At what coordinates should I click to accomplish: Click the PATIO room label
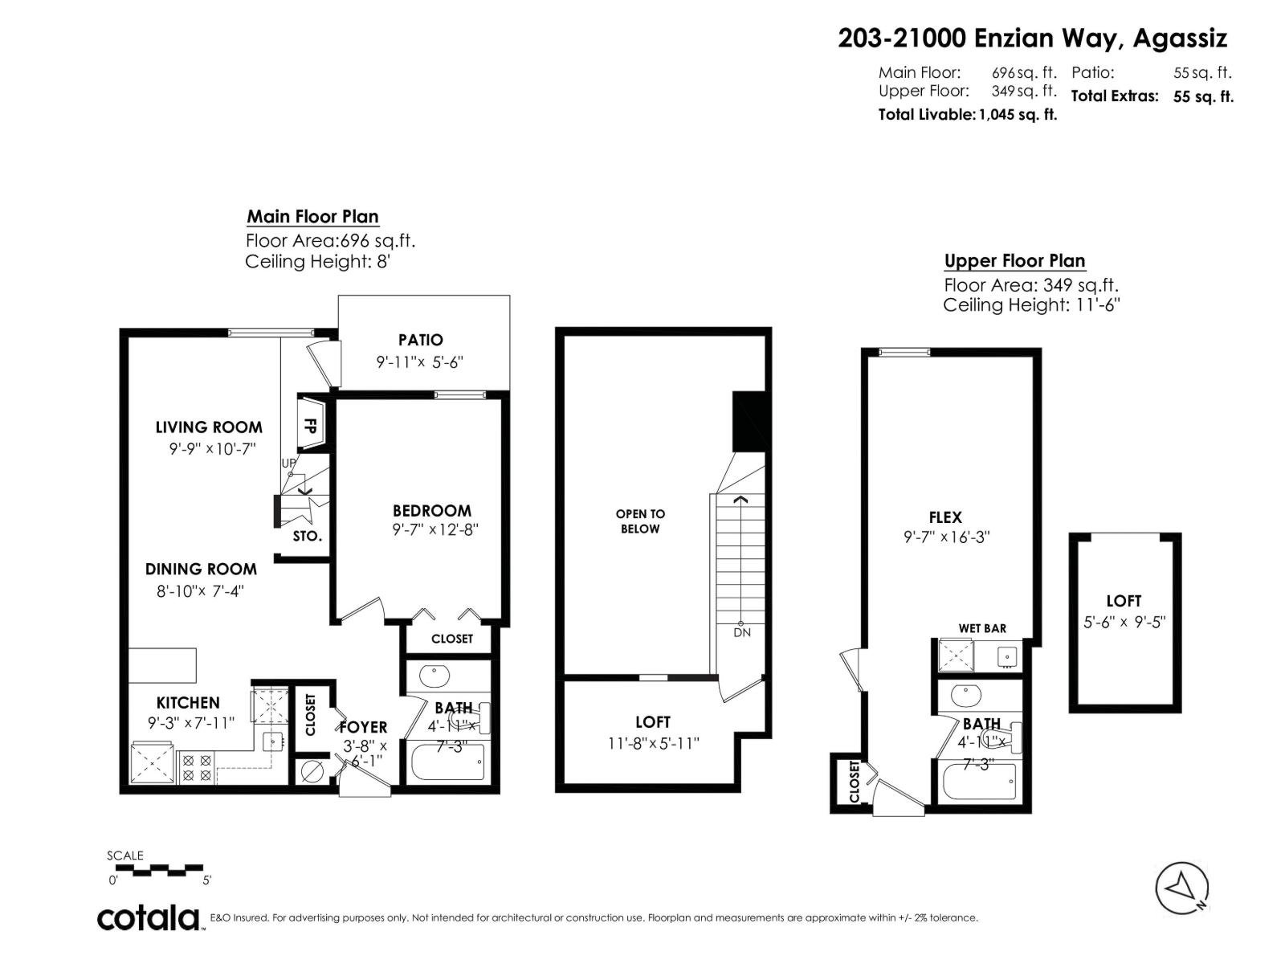pyautogui.click(x=420, y=340)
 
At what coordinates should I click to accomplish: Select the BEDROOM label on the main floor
pyautogui.click(x=431, y=511)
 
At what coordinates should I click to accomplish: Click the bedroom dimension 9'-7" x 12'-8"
pyautogui.click(x=436, y=530)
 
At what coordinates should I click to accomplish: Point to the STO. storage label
pyautogui.click(x=307, y=536)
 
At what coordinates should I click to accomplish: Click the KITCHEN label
pyautogui.click(x=188, y=703)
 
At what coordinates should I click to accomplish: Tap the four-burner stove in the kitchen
pyautogui.click(x=196, y=767)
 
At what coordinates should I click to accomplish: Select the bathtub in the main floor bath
pyautogui.click(x=447, y=762)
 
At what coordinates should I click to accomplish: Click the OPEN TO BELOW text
pyautogui.click(x=640, y=521)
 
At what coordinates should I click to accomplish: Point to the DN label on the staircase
pyautogui.click(x=741, y=633)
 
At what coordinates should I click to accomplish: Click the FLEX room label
pyautogui.click(x=945, y=518)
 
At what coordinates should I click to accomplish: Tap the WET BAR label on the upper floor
pyautogui.click(x=981, y=628)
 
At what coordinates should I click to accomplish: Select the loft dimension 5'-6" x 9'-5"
pyautogui.click(x=1124, y=622)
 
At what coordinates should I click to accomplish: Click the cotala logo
pyautogui.click(x=149, y=917)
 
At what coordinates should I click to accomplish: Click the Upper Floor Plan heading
pyautogui.click(x=1014, y=261)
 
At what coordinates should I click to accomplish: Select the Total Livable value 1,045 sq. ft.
pyautogui.click(x=1017, y=115)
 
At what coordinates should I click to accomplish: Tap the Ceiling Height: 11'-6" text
pyautogui.click(x=1031, y=305)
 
